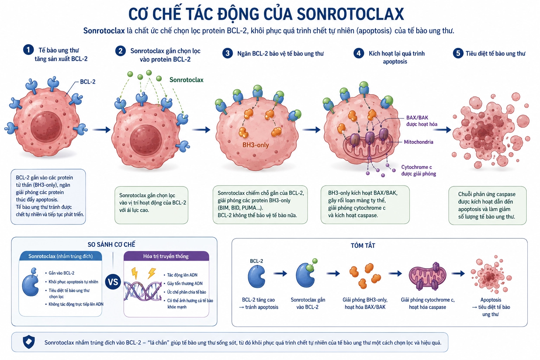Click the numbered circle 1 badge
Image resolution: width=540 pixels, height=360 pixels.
click(28, 50)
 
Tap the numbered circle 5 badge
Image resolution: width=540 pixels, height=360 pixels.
click(458, 53)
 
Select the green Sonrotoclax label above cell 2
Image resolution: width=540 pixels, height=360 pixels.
click(186, 80)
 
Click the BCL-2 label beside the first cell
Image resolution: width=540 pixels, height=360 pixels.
click(88, 82)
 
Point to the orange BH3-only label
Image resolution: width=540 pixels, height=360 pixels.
click(256, 145)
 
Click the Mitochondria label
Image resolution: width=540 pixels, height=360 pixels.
click(418, 142)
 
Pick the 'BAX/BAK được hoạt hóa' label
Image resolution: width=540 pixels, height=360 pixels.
click(422, 121)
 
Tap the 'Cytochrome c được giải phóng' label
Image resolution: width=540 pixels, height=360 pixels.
click(419, 170)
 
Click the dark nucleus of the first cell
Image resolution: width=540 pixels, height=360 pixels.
click(46, 127)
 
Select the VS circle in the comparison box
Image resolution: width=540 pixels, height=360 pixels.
click(113, 282)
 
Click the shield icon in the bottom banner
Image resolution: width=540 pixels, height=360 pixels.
click(29, 342)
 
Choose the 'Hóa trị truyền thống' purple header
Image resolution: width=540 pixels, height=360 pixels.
click(166, 256)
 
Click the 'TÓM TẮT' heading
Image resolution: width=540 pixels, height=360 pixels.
click(363, 245)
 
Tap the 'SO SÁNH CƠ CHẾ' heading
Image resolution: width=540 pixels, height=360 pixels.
click(111, 244)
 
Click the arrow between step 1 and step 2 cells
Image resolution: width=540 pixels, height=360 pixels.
click(101, 130)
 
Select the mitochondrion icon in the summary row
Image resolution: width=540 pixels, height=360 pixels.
click(427, 276)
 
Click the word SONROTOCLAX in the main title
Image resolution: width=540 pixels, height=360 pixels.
click(350, 14)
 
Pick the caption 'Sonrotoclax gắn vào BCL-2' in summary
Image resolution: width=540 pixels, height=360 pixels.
click(308, 303)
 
